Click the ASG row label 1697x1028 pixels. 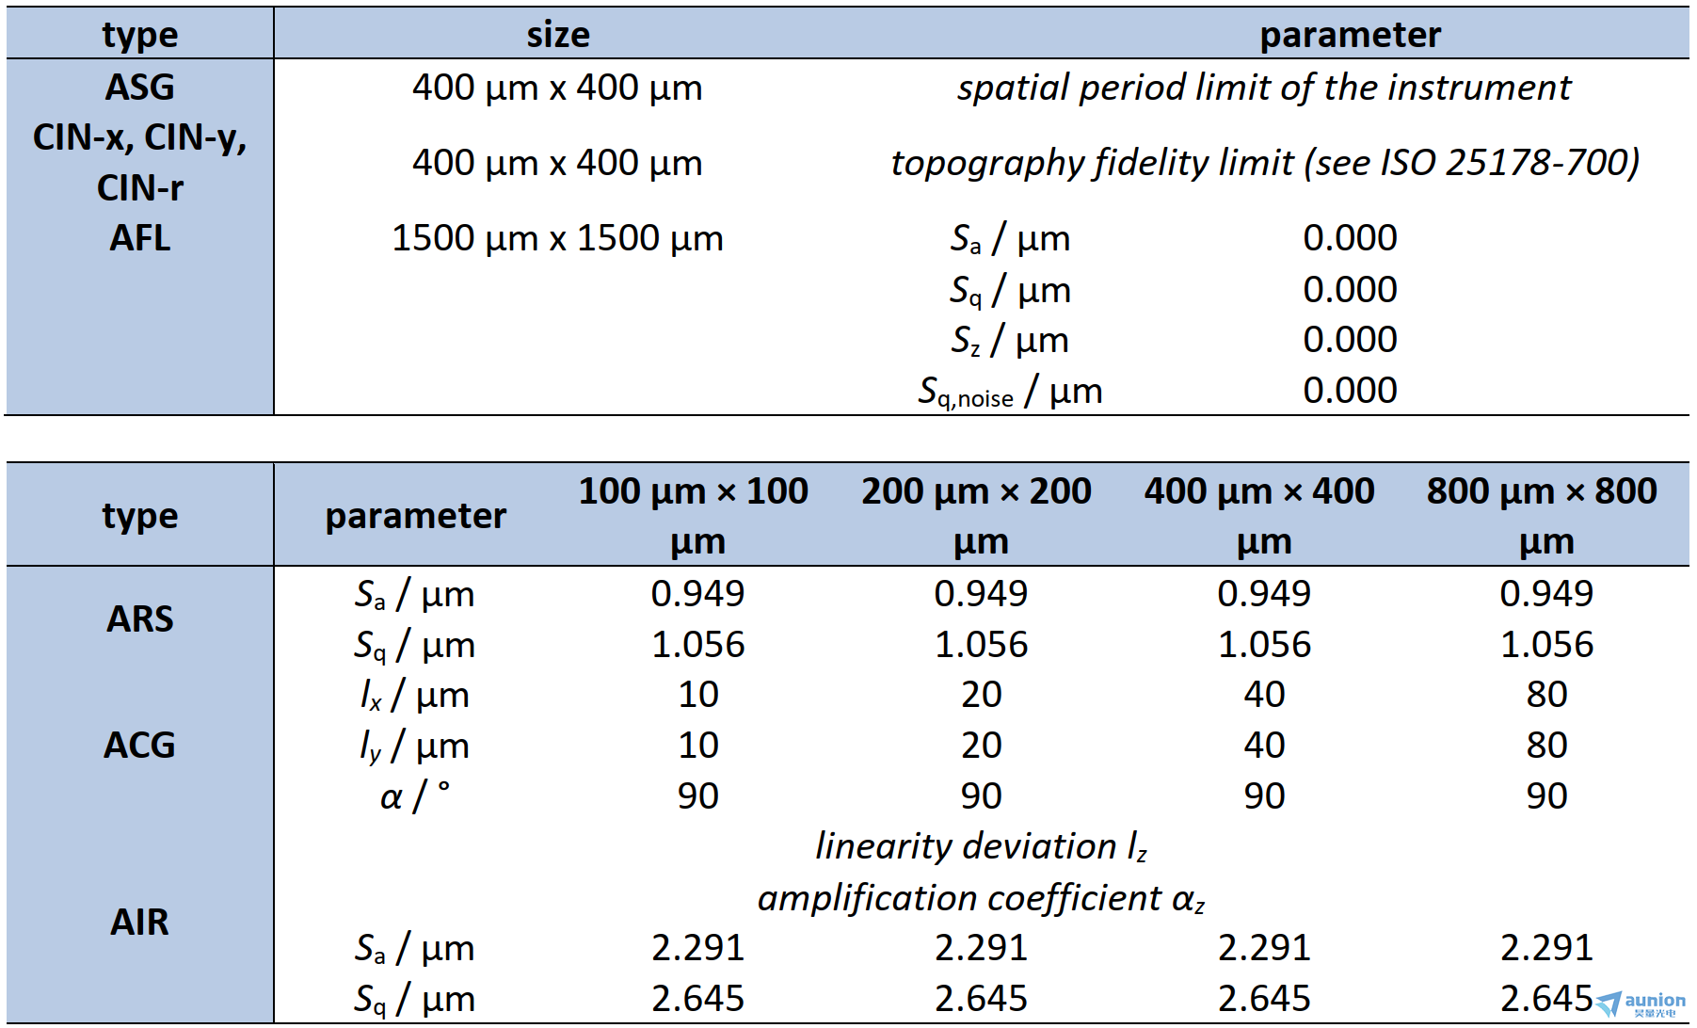(139, 88)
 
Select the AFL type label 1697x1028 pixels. (139, 238)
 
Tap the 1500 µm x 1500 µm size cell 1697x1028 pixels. (557, 238)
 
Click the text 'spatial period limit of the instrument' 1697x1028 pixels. (1263, 88)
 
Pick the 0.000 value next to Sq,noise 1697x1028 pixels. (1350, 390)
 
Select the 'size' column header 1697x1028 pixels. (558, 35)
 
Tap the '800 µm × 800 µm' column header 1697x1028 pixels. (1542, 515)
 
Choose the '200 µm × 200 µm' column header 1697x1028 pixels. (976, 515)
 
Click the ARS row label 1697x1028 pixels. (139, 619)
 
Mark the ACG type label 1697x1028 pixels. (139, 746)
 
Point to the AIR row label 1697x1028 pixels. (139, 922)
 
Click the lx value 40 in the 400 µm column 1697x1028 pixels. (1264, 695)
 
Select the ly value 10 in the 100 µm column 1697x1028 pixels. (698, 746)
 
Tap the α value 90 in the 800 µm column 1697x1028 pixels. (1546, 796)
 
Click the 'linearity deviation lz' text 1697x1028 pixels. (981, 846)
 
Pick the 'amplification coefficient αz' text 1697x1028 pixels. (981, 898)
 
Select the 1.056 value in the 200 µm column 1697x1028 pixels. (981, 645)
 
